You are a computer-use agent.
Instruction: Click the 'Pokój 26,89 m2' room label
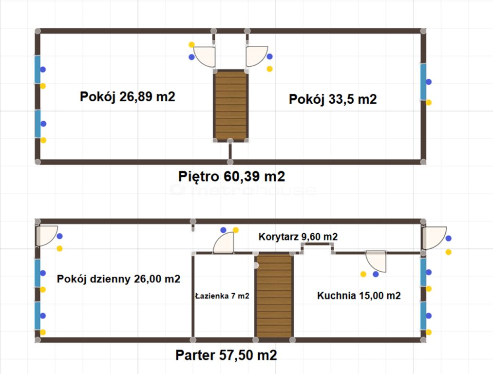[127, 96]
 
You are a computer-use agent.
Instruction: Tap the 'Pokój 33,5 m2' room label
[333, 99]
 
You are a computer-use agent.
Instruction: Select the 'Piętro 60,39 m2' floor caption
[231, 177]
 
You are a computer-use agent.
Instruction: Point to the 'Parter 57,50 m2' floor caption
[226, 355]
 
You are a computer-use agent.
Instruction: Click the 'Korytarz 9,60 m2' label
[298, 237]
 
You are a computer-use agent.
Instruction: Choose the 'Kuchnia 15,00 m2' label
[359, 296]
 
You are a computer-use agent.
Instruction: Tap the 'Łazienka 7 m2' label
[222, 296]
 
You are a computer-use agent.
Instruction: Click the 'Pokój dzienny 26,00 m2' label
[118, 279]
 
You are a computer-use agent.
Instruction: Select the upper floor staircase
[231, 106]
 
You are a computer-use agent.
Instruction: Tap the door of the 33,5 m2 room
[257, 56]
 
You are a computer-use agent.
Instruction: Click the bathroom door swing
[224, 243]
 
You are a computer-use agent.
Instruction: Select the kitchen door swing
[376, 261]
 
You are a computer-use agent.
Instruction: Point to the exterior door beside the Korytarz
[434, 238]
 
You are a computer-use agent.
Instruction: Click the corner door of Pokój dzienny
[47, 236]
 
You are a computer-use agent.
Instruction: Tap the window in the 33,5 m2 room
[423, 82]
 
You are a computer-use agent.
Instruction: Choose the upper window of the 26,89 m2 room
[38, 70]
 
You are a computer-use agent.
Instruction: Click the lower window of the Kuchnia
[423, 316]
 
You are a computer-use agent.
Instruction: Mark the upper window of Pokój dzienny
[38, 273]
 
